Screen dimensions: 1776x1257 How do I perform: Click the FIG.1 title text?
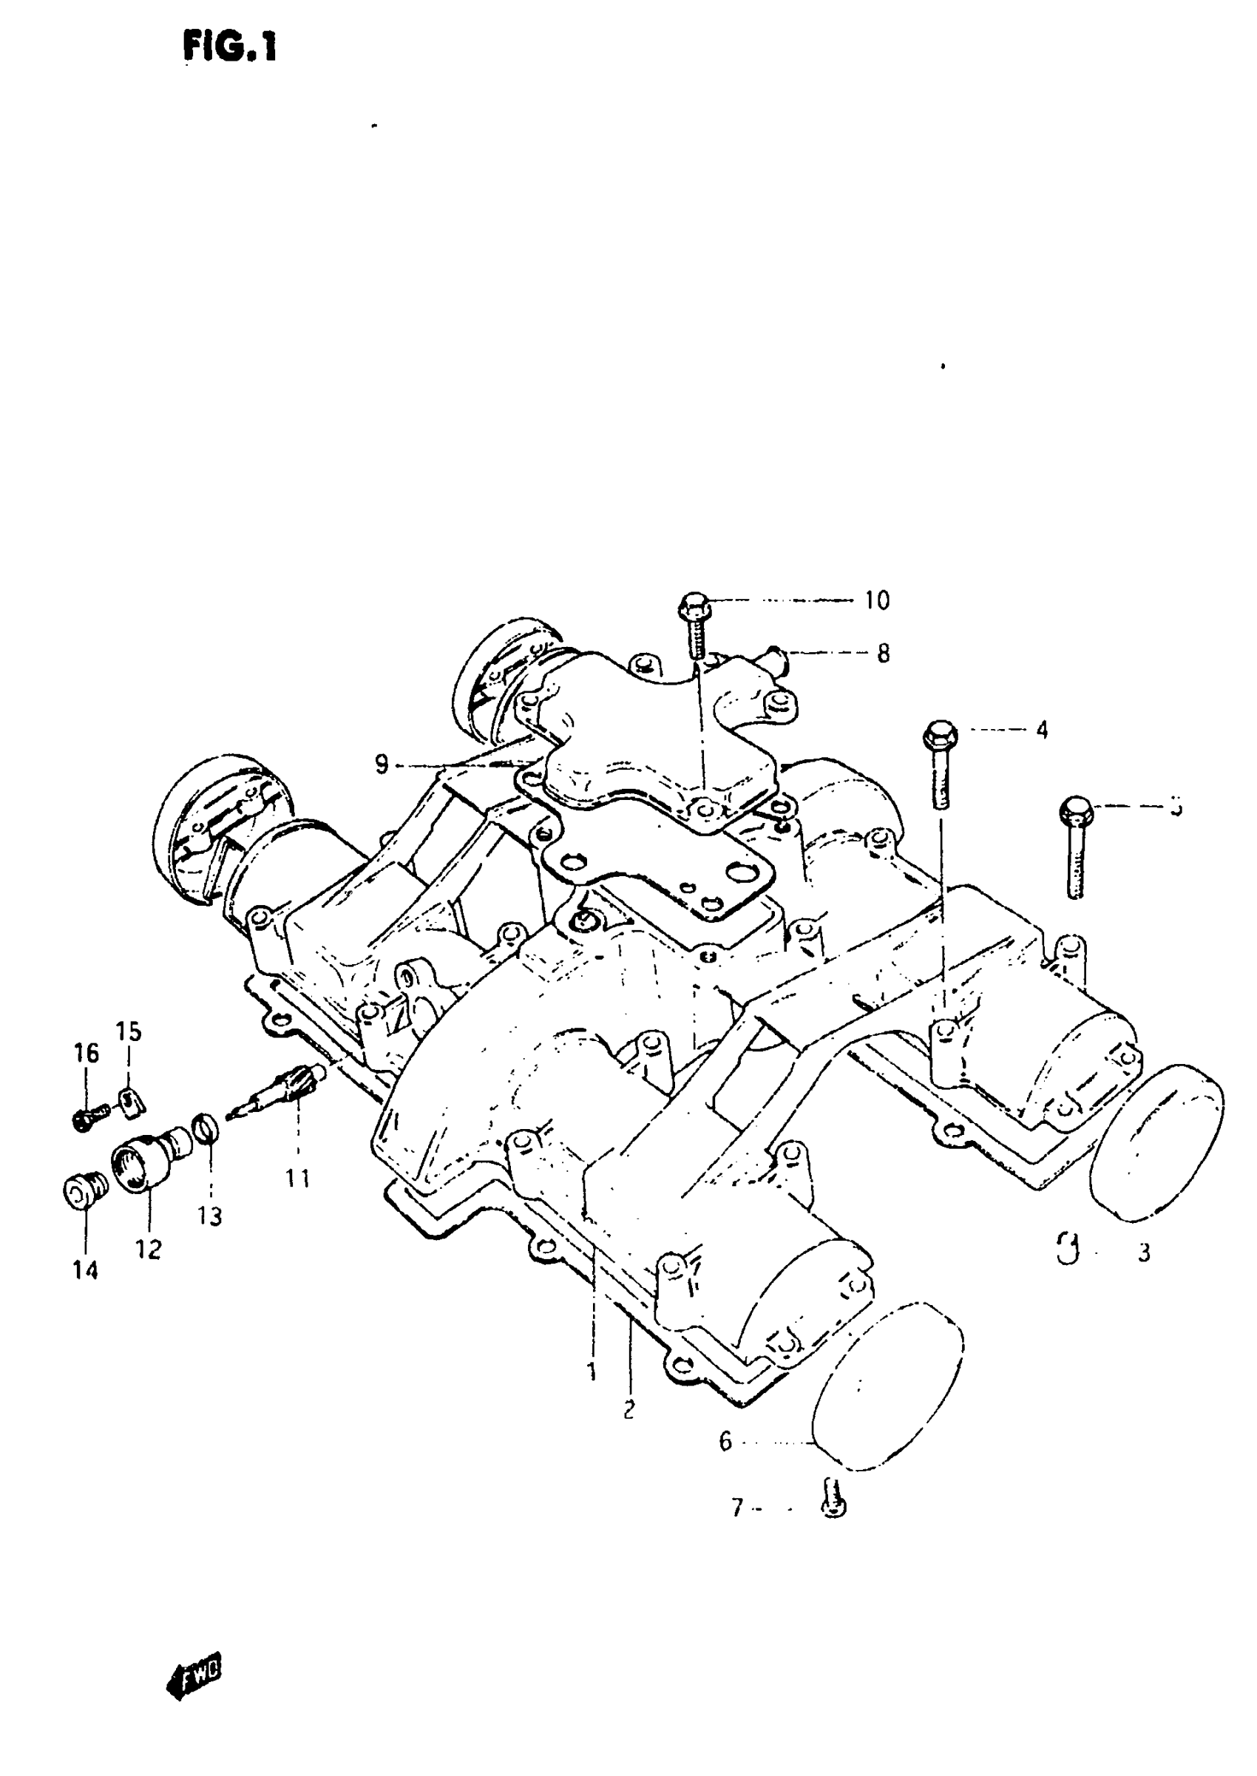tap(230, 47)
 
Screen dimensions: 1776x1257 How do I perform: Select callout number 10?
tap(877, 600)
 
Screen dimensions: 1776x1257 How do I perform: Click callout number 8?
tap(883, 654)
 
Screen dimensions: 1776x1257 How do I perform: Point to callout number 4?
tap(1042, 729)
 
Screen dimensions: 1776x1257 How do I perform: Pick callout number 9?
tap(381, 765)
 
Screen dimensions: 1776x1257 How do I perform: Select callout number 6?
tap(725, 1442)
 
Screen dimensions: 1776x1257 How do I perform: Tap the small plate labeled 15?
tap(132, 1102)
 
